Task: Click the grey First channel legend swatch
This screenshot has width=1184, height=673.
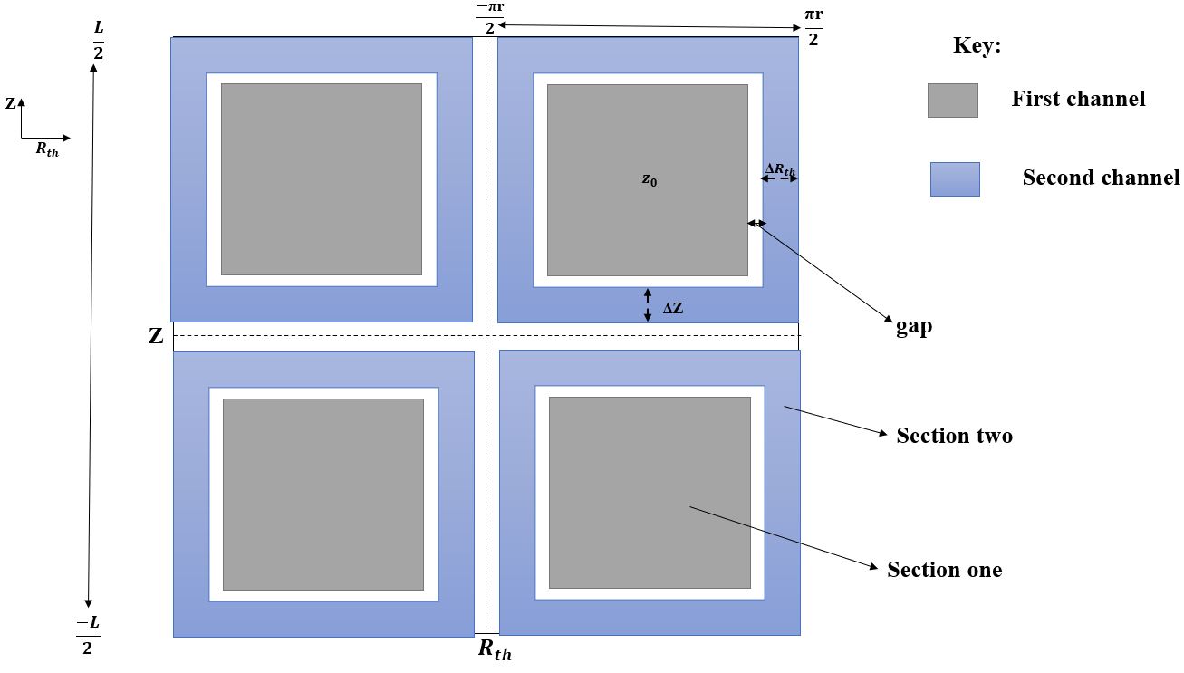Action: click(x=952, y=101)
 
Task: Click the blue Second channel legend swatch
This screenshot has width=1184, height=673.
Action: click(x=955, y=179)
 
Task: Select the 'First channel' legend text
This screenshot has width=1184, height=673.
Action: click(x=1078, y=99)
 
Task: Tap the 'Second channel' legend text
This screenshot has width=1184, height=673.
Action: click(x=1101, y=178)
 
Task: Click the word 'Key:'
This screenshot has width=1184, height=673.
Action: click(x=977, y=46)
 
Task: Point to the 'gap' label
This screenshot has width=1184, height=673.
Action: click(x=914, y=327)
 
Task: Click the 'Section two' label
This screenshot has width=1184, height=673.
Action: click(x=954, y=436)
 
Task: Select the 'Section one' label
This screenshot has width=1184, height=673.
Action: click(x=944, y=570)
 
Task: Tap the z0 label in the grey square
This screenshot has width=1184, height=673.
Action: click(x=649, y=180)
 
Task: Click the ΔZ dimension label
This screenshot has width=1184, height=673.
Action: click(x=673, y=308)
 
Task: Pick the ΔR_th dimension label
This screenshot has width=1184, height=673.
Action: click(x=780, y=168)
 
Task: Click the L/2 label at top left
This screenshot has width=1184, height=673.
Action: click(x=98, y=42)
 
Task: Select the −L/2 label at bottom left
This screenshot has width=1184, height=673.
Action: click(x=88, y=635)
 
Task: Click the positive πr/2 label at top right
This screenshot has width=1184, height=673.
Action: click(x=813, y=27)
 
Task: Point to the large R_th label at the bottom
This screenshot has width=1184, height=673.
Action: click(x=495, y=649)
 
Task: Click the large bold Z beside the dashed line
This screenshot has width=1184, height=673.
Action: click(x=156, y=337)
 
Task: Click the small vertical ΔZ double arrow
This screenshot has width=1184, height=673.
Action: click(x=648, y=304)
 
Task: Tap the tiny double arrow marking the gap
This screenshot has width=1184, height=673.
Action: click(x=756, y=223)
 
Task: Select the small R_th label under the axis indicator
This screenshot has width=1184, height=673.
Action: click(x=47, y=150)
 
